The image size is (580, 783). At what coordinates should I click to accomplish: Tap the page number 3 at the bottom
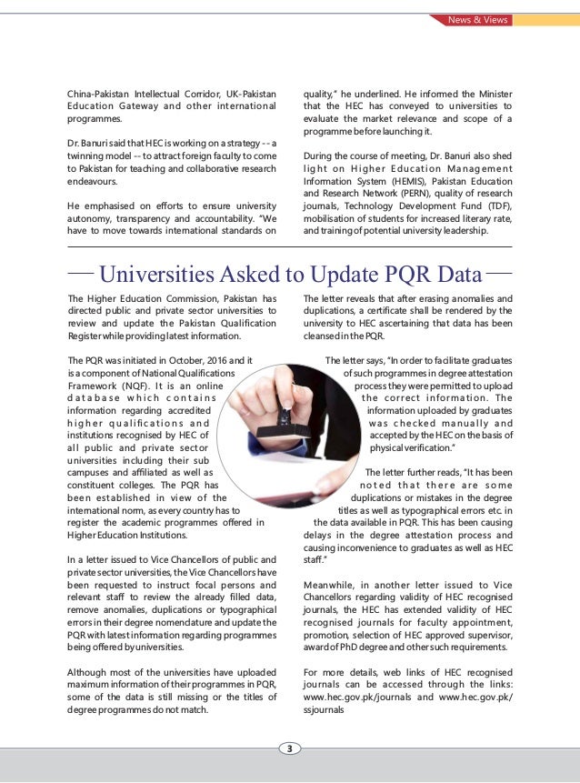point(289,748)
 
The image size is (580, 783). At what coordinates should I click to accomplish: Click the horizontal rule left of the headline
point(81,271)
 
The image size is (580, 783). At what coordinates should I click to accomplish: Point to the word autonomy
point(94,218)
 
